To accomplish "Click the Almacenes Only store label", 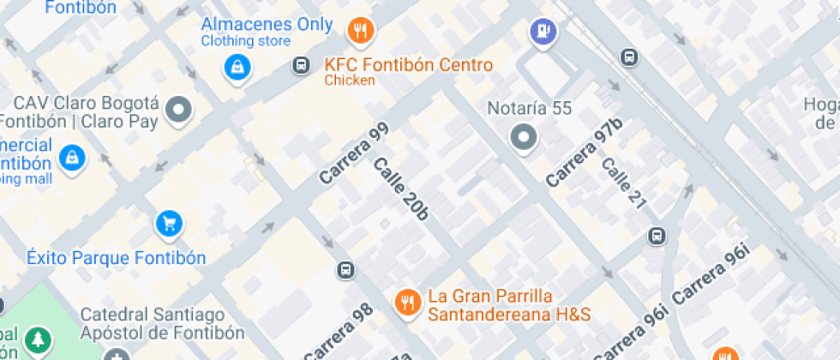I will [x=267, y=25].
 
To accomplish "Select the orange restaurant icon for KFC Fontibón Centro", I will [x=361, y=32].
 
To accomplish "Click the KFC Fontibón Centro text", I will [x=408, y=65].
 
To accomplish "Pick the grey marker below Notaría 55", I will [x=523, y=137].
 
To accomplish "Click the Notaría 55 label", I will [x=529, y=109].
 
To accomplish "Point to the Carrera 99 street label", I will [x=354, y=153].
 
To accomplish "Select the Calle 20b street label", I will [x=400, y=188].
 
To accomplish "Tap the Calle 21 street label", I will [x=623, y=184].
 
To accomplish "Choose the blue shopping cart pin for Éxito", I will [x=170, y=225].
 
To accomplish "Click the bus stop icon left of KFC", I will [x=301, y=65].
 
